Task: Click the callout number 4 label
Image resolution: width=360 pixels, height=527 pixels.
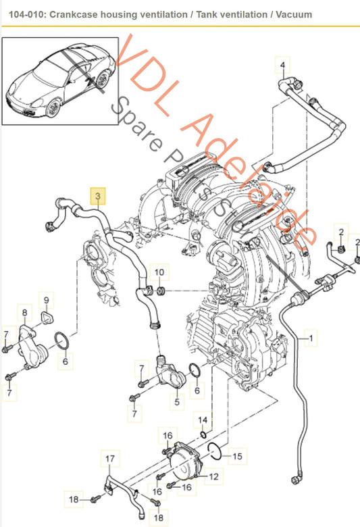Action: [282, 66]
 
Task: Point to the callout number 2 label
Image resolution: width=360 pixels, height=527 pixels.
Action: [341, 233]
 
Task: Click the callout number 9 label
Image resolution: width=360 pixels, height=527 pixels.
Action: [47, 300]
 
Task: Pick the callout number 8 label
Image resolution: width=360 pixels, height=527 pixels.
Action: [25, 313]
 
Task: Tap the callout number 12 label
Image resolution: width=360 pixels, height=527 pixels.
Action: [212, 476]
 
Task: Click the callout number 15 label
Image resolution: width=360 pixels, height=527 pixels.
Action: [236, 457]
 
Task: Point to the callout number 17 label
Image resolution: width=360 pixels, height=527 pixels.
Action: [110, 459]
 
